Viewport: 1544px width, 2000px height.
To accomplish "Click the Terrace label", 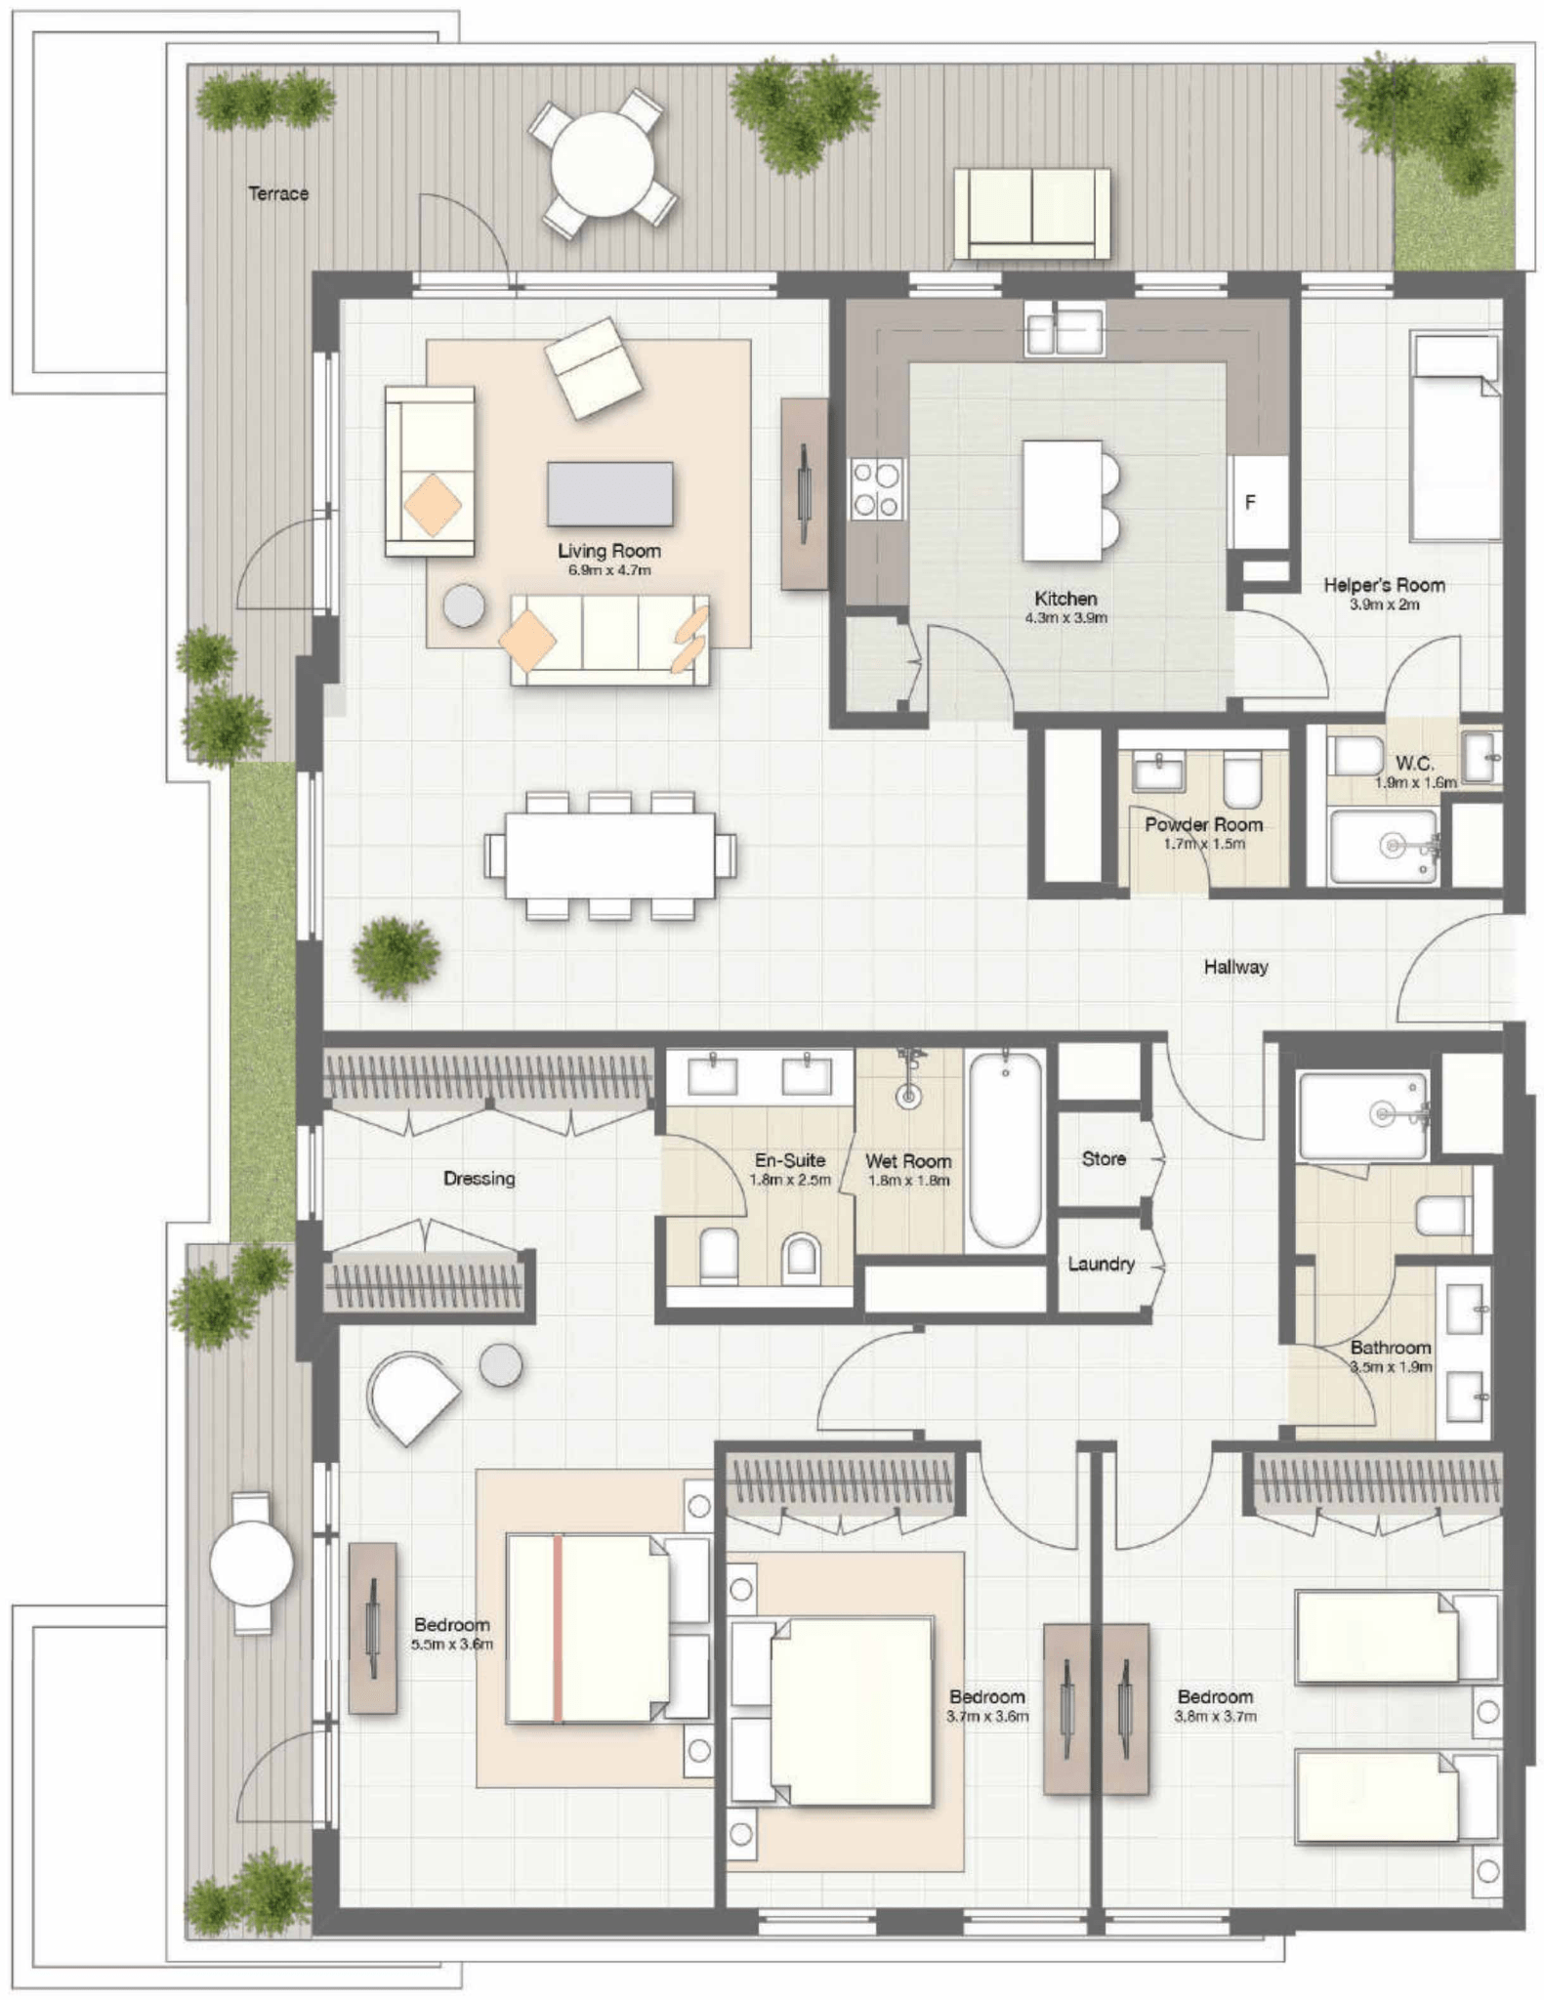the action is pos(278,193).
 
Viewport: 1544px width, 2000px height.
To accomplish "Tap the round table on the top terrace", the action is pos(603,164).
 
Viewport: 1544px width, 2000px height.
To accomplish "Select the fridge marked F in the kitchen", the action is pos(1258,502).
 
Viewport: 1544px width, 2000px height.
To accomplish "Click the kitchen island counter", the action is pos(1063,501).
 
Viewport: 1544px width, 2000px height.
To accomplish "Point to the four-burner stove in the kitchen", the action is pos(875,490).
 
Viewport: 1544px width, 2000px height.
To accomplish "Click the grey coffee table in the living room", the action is pos(610,493).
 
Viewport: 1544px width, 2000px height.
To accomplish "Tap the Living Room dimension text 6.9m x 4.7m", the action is pos(609,570).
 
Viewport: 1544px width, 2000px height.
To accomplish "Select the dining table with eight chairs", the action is pos(610,855).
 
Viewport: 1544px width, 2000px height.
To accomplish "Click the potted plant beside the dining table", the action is pos(396,956).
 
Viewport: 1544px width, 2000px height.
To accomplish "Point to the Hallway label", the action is pos(1235,967).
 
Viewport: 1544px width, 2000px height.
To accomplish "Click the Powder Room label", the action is pos(1204,824).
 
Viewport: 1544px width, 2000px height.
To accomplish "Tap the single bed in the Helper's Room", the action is pos(1454,437).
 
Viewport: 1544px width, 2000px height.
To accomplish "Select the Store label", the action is pos(1104,1158).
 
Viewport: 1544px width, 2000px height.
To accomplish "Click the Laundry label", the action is pos(1102,1264).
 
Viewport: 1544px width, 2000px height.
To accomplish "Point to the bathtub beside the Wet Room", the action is pos(1005,1149).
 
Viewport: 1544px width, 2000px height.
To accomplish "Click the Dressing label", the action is pos(479,1179).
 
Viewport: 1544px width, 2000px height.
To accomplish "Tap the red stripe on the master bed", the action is pos(558,1628).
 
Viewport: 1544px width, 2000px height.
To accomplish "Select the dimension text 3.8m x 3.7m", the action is pos(1216,1716).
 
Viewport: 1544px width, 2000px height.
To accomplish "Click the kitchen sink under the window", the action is pos(1064,329).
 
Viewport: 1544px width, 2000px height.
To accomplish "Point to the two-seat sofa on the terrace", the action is pos(1032,214).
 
